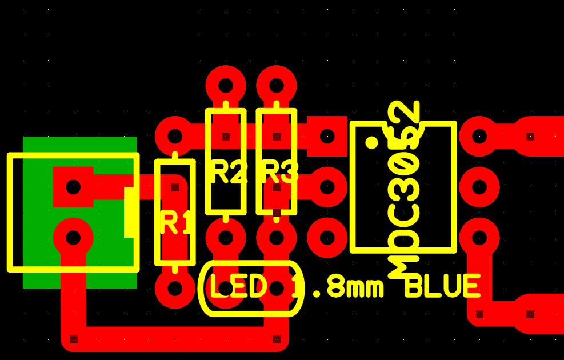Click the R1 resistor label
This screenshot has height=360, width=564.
(x=175, y=223)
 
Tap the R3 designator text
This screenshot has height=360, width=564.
(x=280, y=172)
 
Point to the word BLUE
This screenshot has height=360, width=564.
(x=443, y=286)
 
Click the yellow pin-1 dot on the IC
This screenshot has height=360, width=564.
(x=371, y=142)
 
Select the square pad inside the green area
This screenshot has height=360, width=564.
(x=73, y=187)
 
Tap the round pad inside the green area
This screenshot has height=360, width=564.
(x=73, y=238)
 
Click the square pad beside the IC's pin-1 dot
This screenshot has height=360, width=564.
(x=327, y=137)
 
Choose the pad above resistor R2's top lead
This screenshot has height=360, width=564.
(x=226, y=86)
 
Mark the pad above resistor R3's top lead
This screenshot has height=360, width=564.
(x=276, y=86)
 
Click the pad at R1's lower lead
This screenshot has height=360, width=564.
(x=175, y=289)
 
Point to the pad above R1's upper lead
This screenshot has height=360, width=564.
(x=175, y=137)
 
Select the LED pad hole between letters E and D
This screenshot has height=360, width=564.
(x=226, y=288)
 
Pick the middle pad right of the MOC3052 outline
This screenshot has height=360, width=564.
(x=479, y=187)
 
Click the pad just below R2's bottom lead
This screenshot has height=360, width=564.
(x=226, y=238)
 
